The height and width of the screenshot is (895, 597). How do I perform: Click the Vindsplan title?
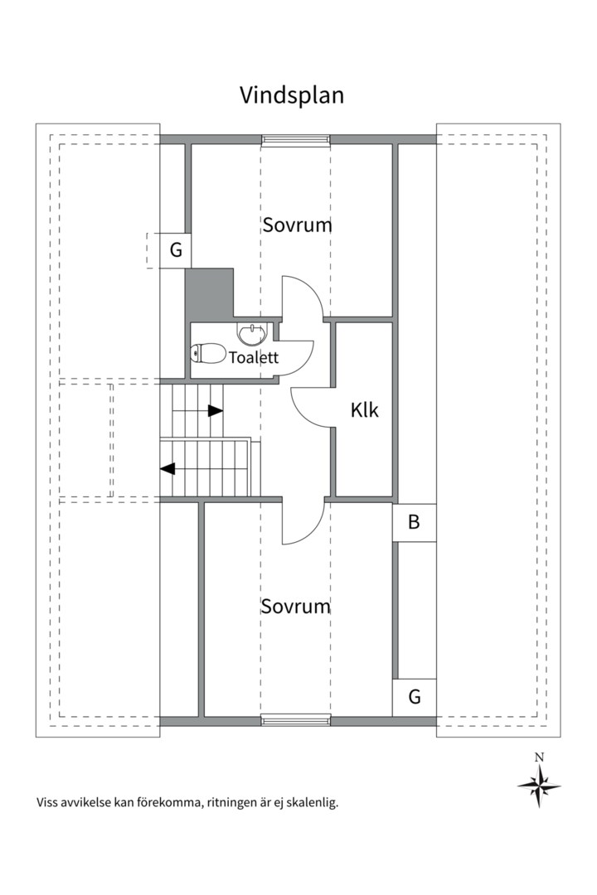(291, 96)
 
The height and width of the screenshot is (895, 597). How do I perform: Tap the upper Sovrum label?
(297, 225)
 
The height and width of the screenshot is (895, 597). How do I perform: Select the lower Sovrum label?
(296, 606)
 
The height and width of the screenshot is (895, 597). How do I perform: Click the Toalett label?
(254, 357)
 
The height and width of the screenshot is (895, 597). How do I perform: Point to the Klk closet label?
(365, 410)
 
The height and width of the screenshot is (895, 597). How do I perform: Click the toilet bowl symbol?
(208, 354)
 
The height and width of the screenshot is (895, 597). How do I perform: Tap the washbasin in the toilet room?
(252, 334)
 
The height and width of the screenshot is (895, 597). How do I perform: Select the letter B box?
(415, 522)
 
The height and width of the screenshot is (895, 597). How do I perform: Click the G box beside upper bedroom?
(176, 250)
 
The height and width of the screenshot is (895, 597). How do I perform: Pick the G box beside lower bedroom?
(415, 697)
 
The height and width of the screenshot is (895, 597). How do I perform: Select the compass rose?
(539, 786)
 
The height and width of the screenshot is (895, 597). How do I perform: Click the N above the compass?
(539, 757)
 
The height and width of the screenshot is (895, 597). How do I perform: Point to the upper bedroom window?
(296, 139)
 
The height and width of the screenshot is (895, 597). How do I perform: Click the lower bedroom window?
(296, 720)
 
